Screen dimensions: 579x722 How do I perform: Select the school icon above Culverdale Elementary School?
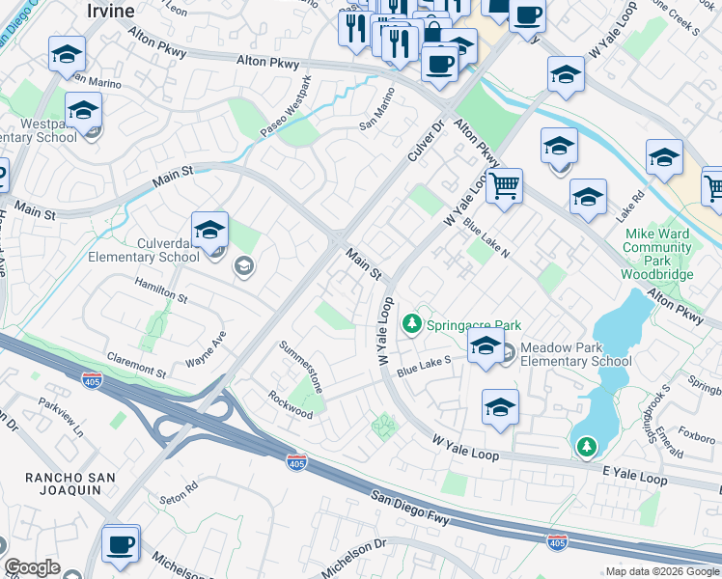[209, 232]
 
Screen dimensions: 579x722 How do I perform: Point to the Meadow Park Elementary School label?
[575, 354]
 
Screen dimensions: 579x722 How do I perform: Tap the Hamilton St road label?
[160, 289]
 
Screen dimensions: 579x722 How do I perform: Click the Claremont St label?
[140, 369]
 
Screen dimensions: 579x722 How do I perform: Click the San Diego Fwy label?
[413, 510]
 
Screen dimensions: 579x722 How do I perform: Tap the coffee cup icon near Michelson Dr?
[121, 544]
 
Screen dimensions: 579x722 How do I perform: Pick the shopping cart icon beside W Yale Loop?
[503, 184]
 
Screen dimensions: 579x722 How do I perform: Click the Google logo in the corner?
[32, 567]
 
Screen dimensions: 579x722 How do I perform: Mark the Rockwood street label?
[291, 404]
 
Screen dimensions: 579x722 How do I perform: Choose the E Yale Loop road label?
[635, 479]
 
